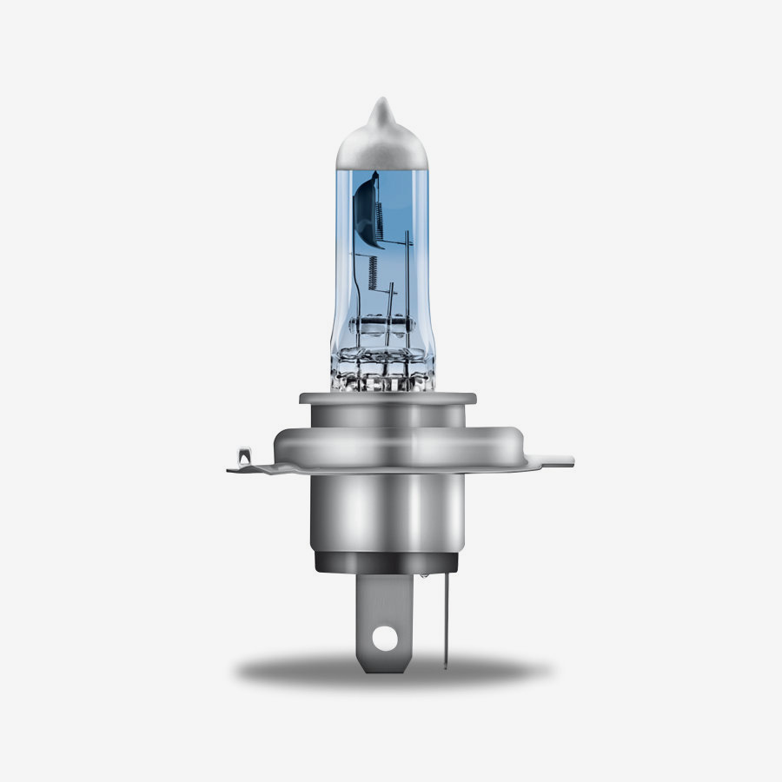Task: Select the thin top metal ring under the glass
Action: tap(388, 400)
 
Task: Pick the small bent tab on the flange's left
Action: tap(244, 457)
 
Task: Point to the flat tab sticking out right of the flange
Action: tap(556, 461)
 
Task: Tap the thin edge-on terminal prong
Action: tap(445, 617)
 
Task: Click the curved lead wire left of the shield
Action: tap(355, 261)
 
